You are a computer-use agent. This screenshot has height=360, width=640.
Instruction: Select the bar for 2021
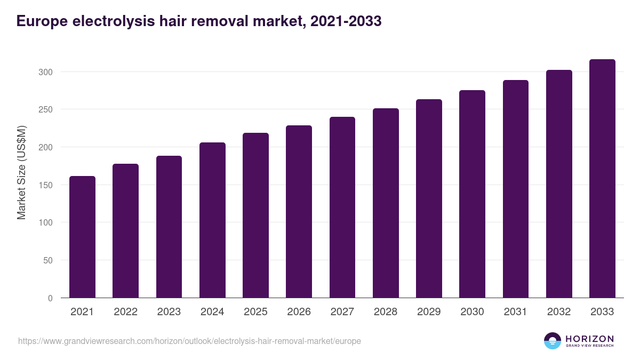pos(82,237)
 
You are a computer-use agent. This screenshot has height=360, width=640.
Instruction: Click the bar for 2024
pos(212,220)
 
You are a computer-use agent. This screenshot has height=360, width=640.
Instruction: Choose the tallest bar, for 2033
pos(602,178)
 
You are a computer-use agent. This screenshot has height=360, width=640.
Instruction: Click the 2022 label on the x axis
pos(125,312)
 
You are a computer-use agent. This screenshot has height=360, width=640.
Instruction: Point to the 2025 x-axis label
pos(255,312)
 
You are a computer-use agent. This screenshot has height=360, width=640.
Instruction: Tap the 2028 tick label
pos(386,312)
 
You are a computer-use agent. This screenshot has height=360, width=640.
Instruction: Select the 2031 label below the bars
pos(516,312)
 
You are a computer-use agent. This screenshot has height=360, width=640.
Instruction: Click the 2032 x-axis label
pos(559,312)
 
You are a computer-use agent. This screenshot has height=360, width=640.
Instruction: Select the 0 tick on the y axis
pos(50,298)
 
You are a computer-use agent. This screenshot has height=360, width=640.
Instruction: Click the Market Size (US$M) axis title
pos(21,172)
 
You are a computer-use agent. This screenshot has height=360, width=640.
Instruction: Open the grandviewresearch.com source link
pos(189,341)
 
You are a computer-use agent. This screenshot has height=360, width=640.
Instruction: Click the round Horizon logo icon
pos(553,341)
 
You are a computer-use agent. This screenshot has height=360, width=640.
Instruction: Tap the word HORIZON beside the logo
pos(589,339)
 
